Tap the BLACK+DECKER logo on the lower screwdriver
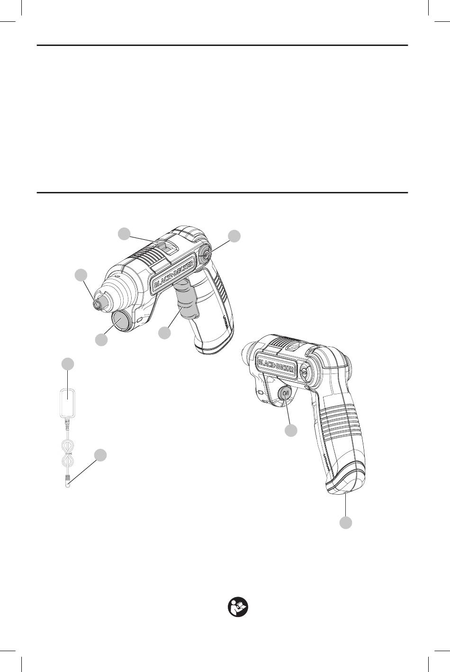click(276, 365)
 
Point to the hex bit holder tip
click(98, 304)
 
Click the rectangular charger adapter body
click(68, 402)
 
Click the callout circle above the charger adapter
click(68, 363)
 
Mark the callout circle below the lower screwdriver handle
click(345, 523)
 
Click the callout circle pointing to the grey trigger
click(164, 333)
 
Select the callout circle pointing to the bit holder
click(81, 275)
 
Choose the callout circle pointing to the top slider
click(124, 234)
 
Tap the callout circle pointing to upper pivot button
click(234, 236)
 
